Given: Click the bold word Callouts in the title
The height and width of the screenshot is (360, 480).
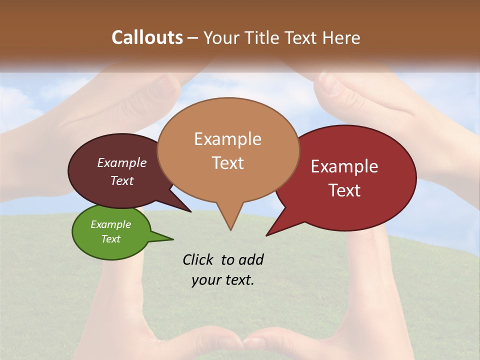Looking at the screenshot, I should tap(147, 37).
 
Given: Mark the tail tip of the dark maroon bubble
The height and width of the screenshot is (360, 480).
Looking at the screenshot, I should tap(190, 211).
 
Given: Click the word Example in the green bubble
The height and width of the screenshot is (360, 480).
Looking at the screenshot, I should tap(110, 224).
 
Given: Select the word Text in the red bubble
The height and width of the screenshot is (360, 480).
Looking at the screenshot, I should tap(344, 190).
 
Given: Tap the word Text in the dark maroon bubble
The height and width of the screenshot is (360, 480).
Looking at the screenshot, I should tap(122, 180).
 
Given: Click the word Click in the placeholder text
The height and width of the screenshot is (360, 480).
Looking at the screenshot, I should tap(198, 259).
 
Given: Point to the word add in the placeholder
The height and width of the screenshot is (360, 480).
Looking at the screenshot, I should tap(251, 259).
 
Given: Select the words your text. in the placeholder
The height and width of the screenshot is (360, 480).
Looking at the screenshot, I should tap(223, 280).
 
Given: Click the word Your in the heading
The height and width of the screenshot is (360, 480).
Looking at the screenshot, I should tap(220, 37).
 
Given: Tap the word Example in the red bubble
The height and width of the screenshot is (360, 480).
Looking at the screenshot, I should tap(344, 166).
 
